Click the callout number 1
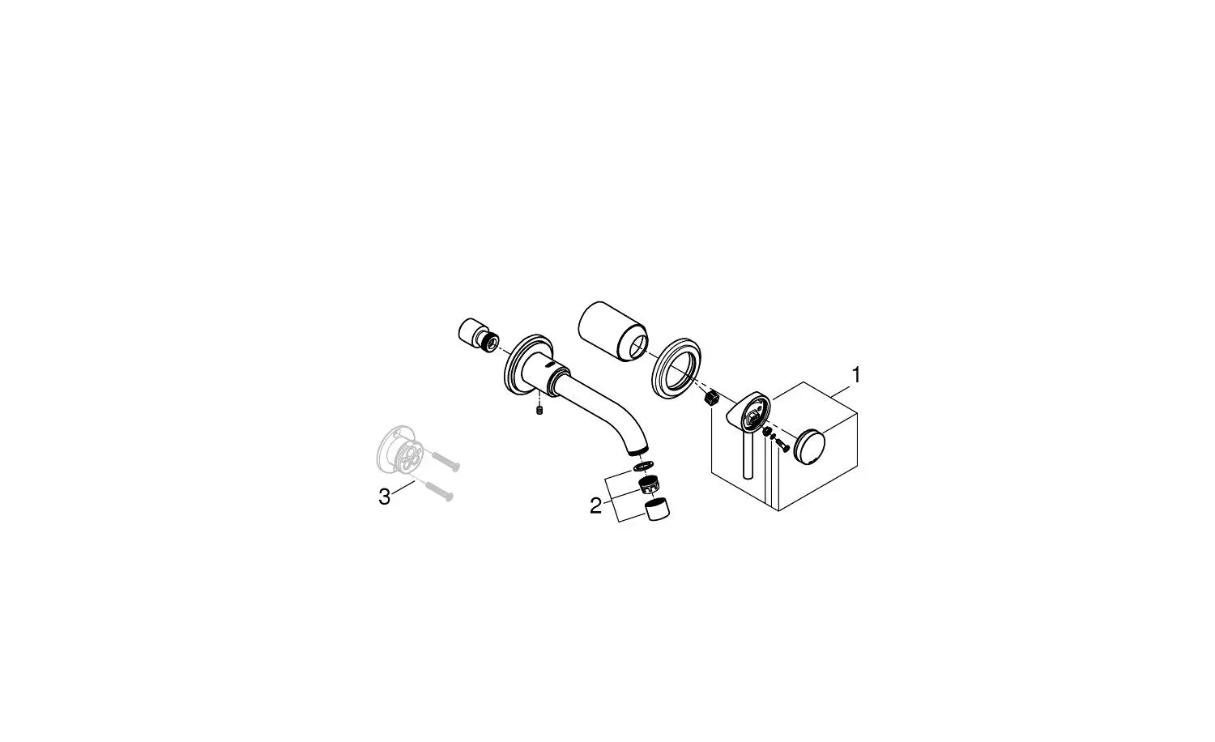pos(856,375)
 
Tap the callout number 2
pos(595,506)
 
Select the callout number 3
pos(384,497)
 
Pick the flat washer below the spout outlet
pos(642,467)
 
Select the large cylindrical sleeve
pos(613,332)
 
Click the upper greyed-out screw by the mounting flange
pos(446,462)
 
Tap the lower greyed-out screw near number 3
pos(439,492)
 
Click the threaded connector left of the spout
pos(477,337)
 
